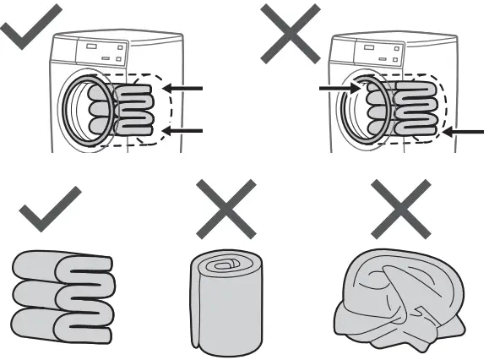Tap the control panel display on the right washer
coord(361,50)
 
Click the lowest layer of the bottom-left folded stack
coord(63,325)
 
